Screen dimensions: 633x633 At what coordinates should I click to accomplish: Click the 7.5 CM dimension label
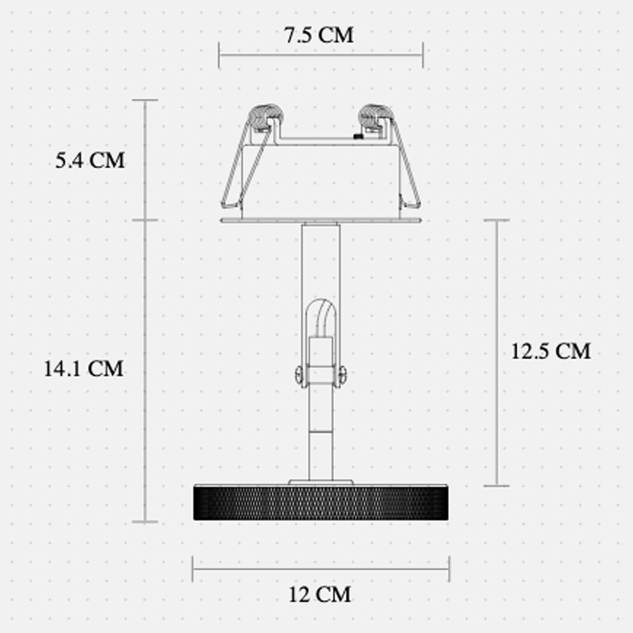point(319,35)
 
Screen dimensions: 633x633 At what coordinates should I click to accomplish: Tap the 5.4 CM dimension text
point(90,161)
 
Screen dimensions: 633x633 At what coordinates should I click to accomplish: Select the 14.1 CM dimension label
point(83,369)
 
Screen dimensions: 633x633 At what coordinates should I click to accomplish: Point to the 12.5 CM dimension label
point(551,351)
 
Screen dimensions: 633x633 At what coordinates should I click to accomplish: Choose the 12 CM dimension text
point(320,595)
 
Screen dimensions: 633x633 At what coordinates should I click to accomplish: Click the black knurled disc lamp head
point(321,503)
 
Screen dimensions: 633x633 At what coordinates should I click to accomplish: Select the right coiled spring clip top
point(376,115)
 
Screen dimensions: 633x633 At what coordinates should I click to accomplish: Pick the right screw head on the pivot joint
point(341,373)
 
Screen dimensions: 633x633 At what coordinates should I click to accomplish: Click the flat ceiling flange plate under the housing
point(321,221)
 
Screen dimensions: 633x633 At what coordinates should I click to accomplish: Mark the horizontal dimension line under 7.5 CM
point(321,55)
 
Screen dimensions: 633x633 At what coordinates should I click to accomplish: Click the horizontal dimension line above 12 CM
point(321,569)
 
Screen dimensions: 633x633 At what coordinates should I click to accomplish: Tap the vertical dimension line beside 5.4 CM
point(146,159)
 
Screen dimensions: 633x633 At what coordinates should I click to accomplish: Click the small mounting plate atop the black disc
point(321,482)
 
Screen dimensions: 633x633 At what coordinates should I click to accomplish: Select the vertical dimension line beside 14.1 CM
point(146,371)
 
